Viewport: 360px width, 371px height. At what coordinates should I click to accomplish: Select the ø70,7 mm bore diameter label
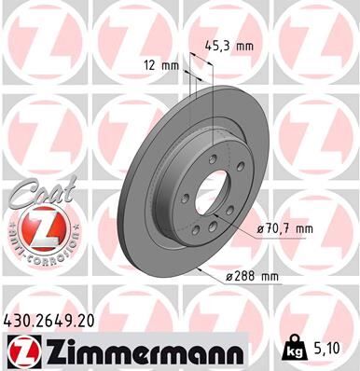pyautogui.click(x=284, y=227)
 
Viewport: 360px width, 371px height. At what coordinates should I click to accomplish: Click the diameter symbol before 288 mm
pyautogui.click(x=229, y=278)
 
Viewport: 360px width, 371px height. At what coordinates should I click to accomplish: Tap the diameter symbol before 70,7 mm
pyautogui.click(x=257, y=227)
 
